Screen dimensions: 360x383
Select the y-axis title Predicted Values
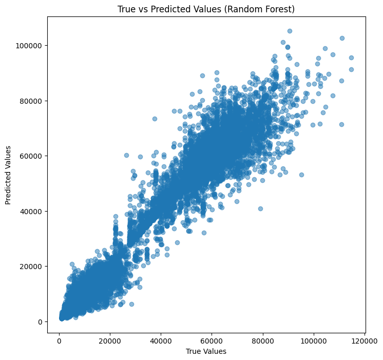tap(8, 175)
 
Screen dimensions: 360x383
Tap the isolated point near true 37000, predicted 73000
tap(155, 119)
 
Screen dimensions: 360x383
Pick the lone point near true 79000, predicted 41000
tap(260, 209)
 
